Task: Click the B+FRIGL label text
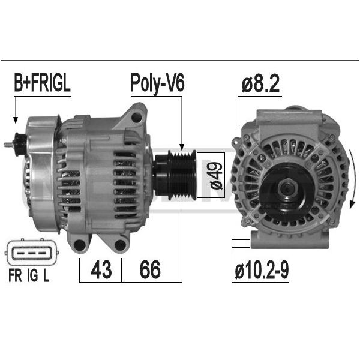42,83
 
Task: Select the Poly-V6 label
157,83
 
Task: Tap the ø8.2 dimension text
260,83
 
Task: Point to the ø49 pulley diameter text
216,175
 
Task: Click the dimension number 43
101,269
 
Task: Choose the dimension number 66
150,269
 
